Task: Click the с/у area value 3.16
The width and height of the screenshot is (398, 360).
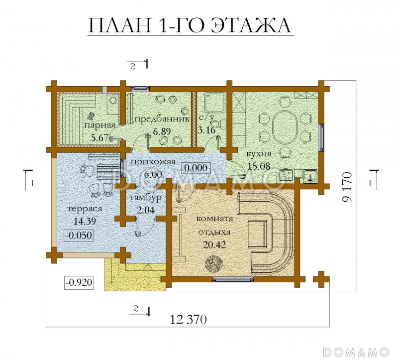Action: pyautogui.click(x=207, y=130)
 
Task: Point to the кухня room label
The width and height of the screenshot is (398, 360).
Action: pyautogui.click(x=258, y=154)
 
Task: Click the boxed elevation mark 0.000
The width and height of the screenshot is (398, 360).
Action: pyautogui.click(x=195, y=168)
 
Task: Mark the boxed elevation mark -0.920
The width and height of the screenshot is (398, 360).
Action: pyautogui.click(x=79, y=282)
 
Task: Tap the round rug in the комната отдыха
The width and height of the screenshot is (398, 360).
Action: pyautogui.click(x=215, y=262)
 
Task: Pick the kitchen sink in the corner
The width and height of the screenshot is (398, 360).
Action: pyautogui.click(x=309, y=175)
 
